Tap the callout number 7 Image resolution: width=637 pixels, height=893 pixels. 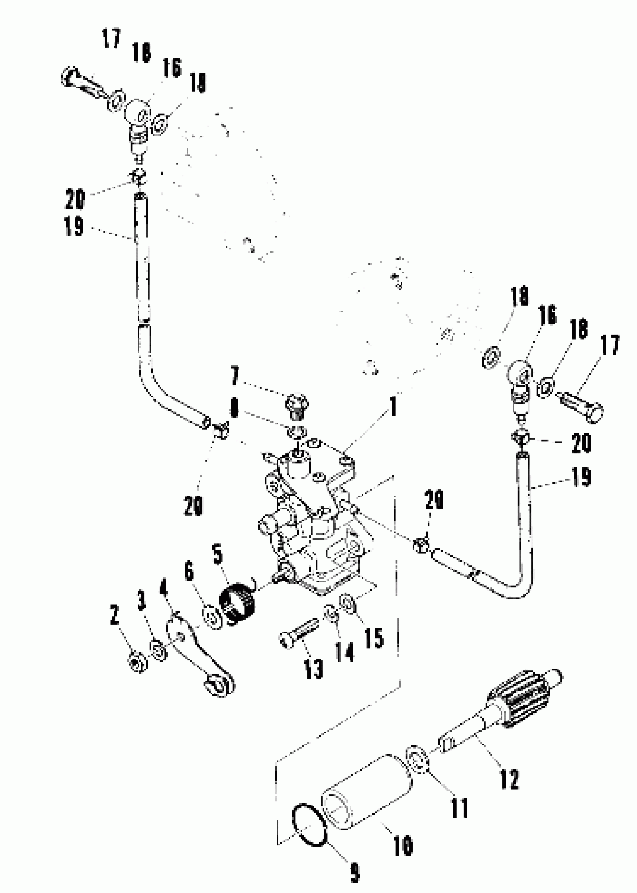tap(235, 375)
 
